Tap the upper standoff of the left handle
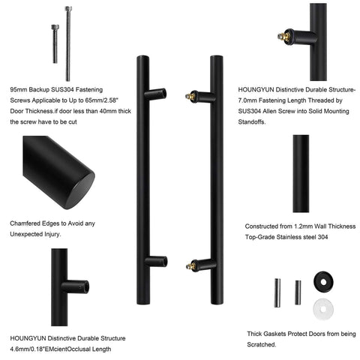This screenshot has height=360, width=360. (x=156, y=94)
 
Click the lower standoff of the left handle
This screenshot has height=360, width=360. (x=156, y=261)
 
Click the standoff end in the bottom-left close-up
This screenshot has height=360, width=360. (x=85, y=286)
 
